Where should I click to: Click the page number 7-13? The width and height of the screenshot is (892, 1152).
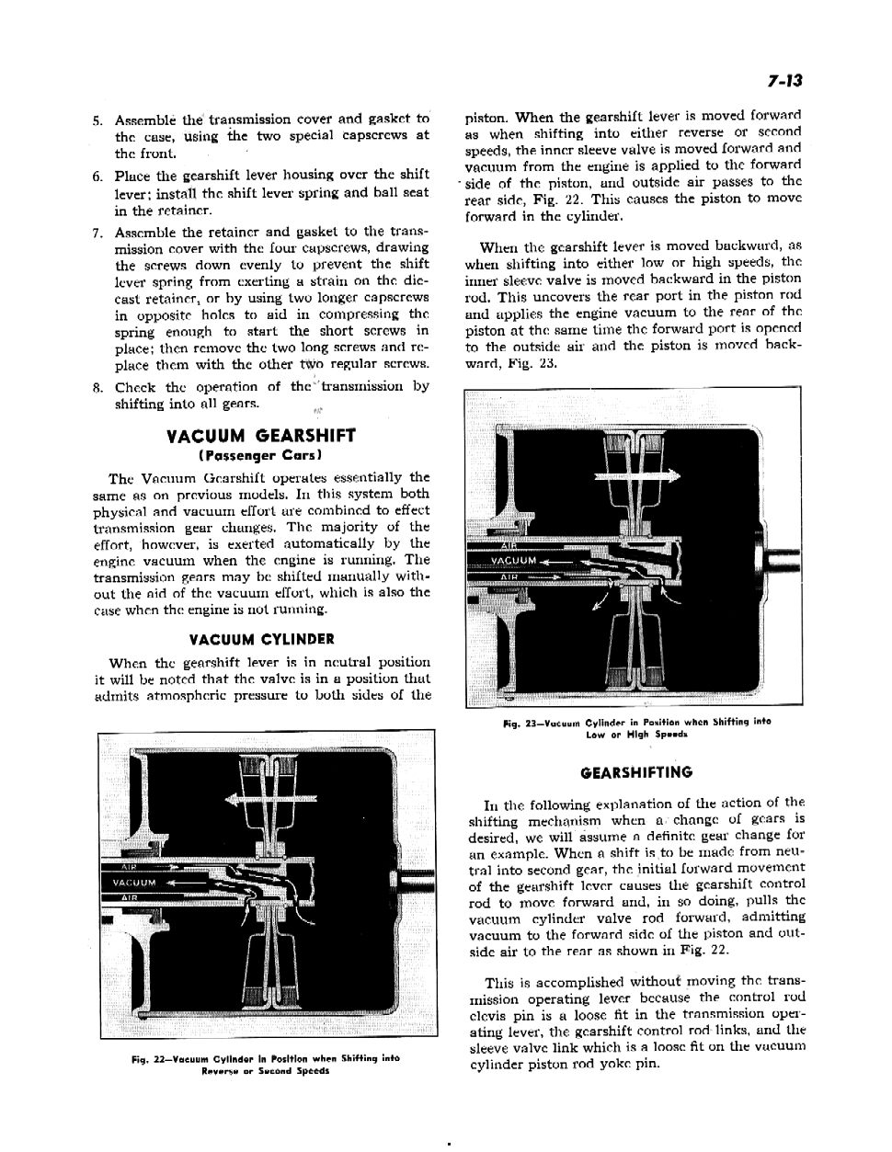pos(783,82)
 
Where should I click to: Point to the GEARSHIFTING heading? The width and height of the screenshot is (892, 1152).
pos(635,772)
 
